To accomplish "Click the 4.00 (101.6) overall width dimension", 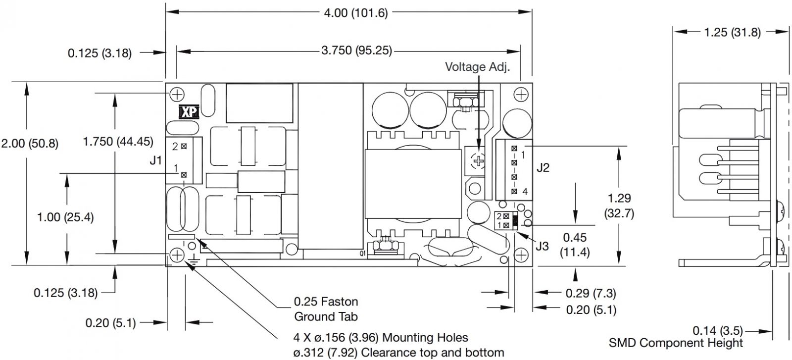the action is (356, 13).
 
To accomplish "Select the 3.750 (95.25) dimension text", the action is (356, 51).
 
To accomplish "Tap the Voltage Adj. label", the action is (477, 67).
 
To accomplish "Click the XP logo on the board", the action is (189, 112).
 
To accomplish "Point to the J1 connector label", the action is (155, 160).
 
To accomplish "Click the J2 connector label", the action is (543, 167).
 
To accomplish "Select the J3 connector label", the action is (542, 246).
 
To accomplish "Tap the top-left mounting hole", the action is (177, 95).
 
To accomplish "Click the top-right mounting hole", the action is (521, 95).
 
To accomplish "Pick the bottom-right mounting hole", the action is (521, 255).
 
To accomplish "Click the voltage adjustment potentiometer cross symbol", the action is (478, 161).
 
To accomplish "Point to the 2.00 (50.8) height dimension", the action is (30, 144).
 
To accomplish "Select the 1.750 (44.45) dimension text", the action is (118, 142).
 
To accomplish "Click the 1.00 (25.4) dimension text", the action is (65, 217).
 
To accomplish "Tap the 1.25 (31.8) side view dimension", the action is (732, 33).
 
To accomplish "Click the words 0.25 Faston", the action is (326, 302).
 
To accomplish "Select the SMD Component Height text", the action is (676, 343).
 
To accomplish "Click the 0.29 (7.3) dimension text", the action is (591, 293).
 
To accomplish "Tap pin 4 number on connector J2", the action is (525, 192).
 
